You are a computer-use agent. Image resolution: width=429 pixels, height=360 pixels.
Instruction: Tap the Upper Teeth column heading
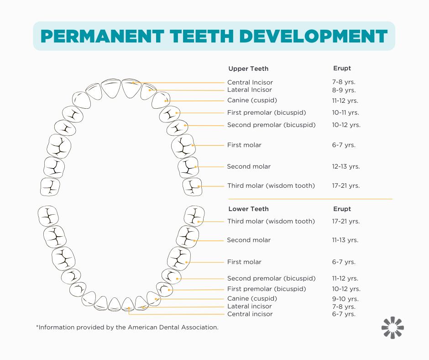coord(248,69)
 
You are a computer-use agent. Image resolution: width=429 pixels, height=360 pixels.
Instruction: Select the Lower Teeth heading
coord(248,209)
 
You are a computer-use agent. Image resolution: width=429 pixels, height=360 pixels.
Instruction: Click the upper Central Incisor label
coord(250,82)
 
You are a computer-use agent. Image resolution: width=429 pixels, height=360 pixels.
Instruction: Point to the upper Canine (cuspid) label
coord(252,100)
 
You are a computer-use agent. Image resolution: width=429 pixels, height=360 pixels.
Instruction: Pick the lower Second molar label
coord(249,240)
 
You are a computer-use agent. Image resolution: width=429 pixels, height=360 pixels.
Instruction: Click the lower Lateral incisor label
coord(249,306)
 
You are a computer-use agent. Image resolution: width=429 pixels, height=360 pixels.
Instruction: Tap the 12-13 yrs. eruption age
coord(345,166)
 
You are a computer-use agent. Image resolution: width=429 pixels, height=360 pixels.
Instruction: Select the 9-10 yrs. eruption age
coord(344,298)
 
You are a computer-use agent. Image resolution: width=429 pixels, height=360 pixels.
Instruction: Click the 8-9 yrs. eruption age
coord(344,90)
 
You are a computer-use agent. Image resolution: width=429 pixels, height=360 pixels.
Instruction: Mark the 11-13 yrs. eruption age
coord(345,240)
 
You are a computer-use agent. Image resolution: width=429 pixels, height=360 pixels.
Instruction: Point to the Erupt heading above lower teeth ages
coord(342,209)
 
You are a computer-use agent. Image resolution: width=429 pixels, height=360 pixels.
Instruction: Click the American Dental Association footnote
coord(127,327)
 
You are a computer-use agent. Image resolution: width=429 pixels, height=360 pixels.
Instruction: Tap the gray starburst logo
coord(392,328)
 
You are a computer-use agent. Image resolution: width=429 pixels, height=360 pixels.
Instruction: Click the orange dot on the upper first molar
coord(193,145)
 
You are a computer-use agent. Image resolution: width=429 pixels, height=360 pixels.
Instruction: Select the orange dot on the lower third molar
coord(199,222)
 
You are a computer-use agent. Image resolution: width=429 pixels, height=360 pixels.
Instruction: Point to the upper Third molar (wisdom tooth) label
coord(271,185)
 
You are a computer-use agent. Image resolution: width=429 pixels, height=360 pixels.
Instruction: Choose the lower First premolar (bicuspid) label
coord(267,289)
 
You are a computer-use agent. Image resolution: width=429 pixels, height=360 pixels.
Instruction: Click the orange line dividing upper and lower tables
coord(310,199)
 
